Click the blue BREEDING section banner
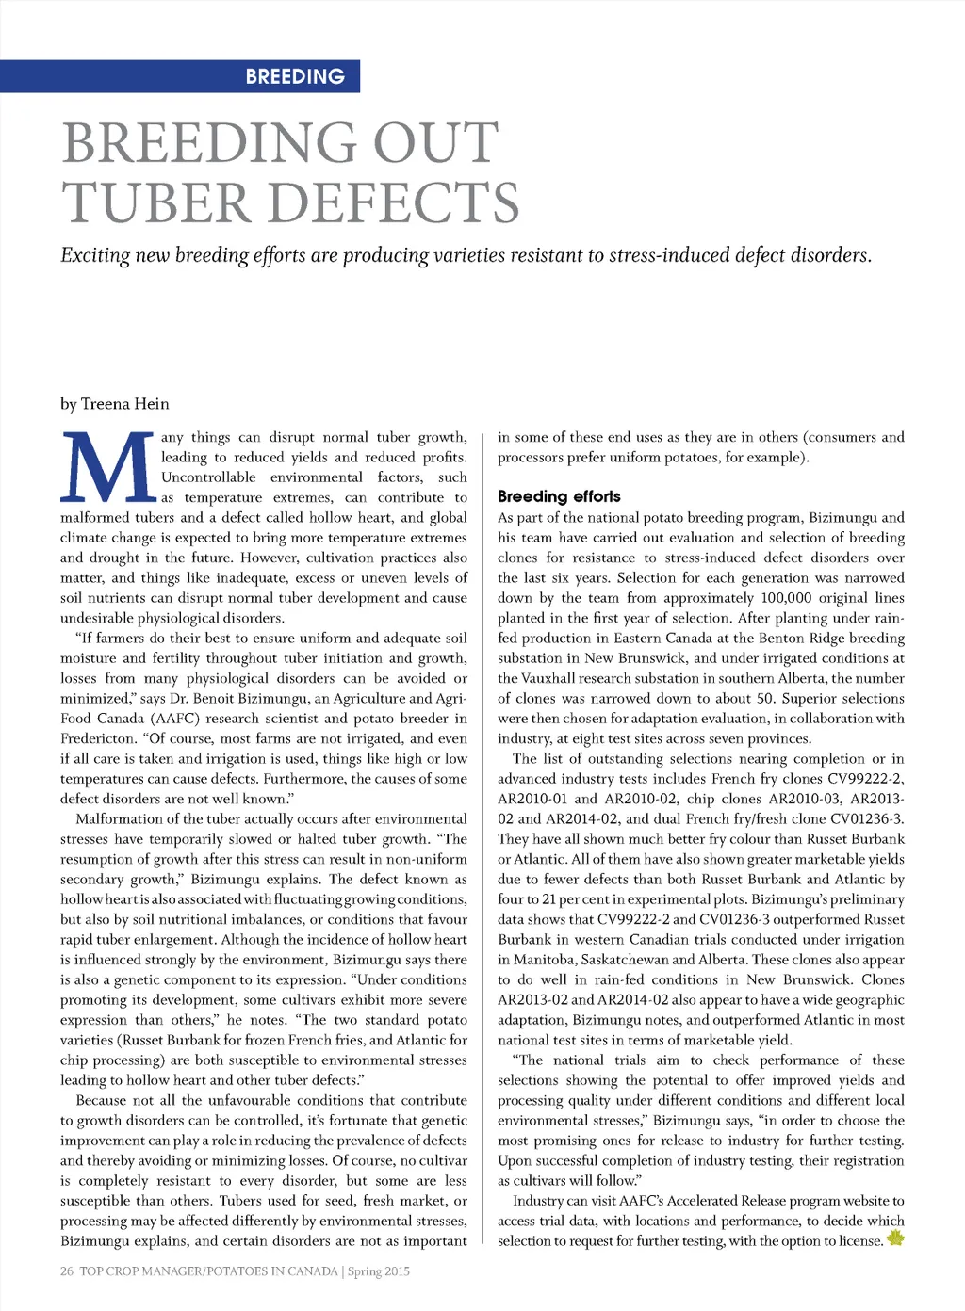pyautogui.click(x=180, y=76)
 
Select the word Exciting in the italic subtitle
pyautogui.click(x=94, y=255)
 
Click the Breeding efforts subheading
pyautogui.click(x=559, y=496)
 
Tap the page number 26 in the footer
pyautogui.click(x=67, y=1271)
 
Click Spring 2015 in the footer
pyautogui.click(x=379, y=1271)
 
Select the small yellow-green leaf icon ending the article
pyautogui.click(x=894, y=1238)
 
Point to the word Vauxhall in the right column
pyautogui.click(x=553, y=678)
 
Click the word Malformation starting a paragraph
pyautogui.click(x=120, y=819)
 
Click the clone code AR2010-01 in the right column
pyautogui.click(x=530, y=799)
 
